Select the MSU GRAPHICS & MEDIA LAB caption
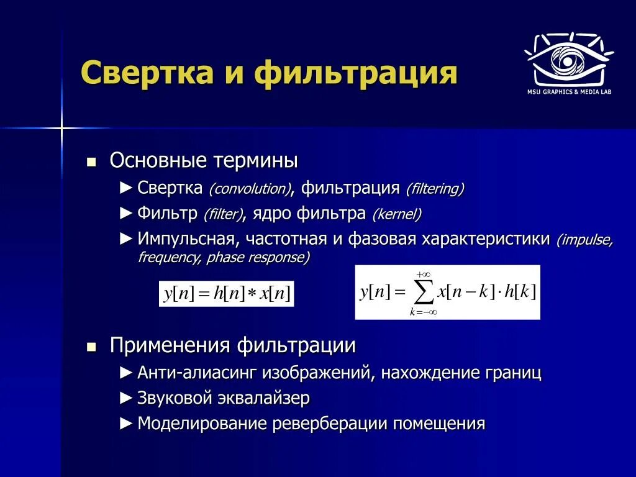coord(570,93)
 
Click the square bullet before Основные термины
coord(91,163)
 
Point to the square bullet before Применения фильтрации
coord(91,347)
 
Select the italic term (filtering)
coord(435,189)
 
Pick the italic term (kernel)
coord(397,215)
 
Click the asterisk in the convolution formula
coord(252,294)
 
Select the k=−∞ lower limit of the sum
coord(423,312)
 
